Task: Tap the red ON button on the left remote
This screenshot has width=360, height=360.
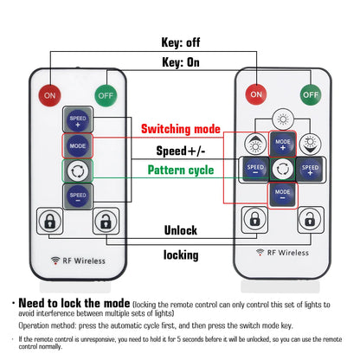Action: [50, 95]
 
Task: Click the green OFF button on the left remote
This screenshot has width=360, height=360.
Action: [106, 95]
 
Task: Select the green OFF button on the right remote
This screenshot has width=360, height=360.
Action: [311, 94]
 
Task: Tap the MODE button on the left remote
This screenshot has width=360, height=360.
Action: [78, 146]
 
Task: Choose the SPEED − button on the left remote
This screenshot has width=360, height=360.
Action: [78, 196]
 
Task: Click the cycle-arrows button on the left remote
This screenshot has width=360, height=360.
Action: [78, 171]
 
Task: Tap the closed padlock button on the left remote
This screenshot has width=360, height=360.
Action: [49, 221]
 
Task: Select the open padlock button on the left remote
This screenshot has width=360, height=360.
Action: [106, 222]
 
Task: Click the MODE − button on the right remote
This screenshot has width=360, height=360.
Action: [282, 194]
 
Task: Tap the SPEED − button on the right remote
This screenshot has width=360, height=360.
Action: [255, 170]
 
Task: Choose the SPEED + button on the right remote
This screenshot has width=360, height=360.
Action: [310, 170]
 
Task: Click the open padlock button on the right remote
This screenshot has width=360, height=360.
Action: [310, 219]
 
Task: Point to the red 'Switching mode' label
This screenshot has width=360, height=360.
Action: [181, 129]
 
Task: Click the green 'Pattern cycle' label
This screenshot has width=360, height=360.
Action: [181, 170]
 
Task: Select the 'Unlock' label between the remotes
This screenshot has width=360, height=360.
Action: [181, 230]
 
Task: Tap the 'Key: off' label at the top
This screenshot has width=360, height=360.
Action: [181, 42]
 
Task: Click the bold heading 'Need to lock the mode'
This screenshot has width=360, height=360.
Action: [74, 303]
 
